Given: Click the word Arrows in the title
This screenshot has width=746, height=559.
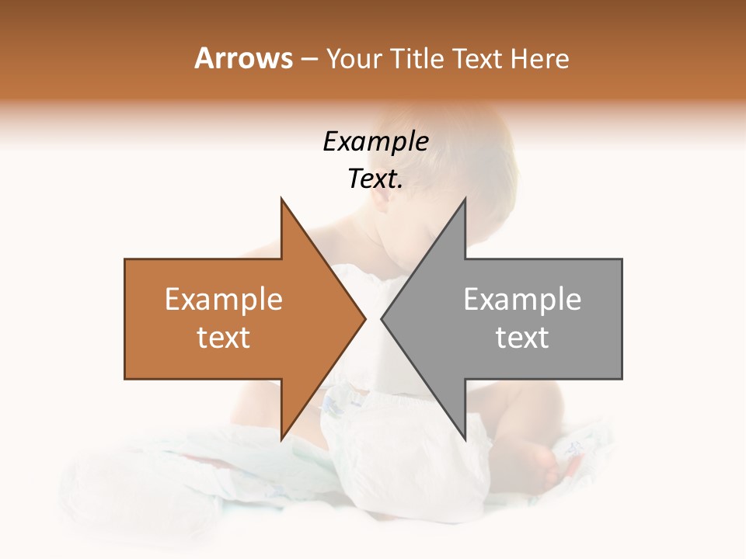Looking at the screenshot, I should pos(243,58).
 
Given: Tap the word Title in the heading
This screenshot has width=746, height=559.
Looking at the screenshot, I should pos(416,58).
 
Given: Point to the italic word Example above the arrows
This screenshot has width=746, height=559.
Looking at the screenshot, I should pos(375,142).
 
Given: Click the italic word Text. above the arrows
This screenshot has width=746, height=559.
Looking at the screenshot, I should pos(375,179).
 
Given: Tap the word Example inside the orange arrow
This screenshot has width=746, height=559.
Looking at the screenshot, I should pos(224,300).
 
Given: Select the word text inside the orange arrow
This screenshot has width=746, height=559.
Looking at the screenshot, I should pos(224,338).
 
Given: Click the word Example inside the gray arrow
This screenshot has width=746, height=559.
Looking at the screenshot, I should pos(522,300).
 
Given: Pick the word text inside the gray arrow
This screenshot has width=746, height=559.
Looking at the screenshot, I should pos(522,338).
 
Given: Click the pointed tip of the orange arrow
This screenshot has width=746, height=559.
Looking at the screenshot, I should pos(364,319).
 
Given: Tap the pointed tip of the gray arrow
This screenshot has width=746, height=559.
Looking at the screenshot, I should pos(382,319).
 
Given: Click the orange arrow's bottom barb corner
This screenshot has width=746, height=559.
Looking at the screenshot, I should pos(281,439).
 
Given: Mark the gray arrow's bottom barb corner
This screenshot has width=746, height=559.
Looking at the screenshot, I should pos(465,439).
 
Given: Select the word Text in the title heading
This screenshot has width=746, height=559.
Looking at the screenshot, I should pos(477,58).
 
